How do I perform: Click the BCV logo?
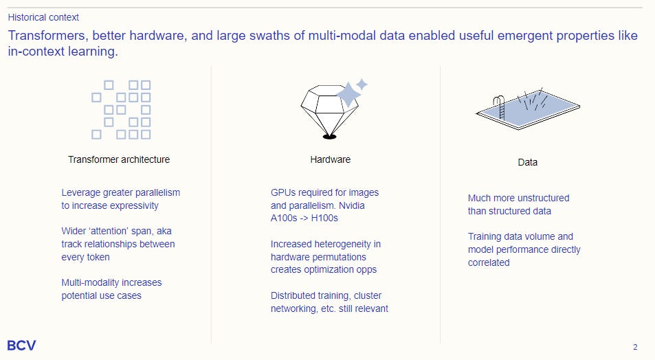click(x=21, y=346)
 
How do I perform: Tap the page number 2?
click(x=635, y=347)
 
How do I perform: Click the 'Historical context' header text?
click(x=43, y=17)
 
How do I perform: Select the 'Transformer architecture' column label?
click(x=119, y=159)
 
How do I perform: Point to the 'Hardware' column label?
click(x=330, y=159)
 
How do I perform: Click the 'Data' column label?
click(x=527, y=163)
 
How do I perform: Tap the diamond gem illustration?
click(x=330, y=110)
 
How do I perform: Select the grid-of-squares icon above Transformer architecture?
click(x=122, y=110)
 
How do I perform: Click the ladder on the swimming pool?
click(x=505, y=109)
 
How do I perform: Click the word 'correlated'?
click(x=489, y=262)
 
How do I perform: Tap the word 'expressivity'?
click(x=135, y=205)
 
